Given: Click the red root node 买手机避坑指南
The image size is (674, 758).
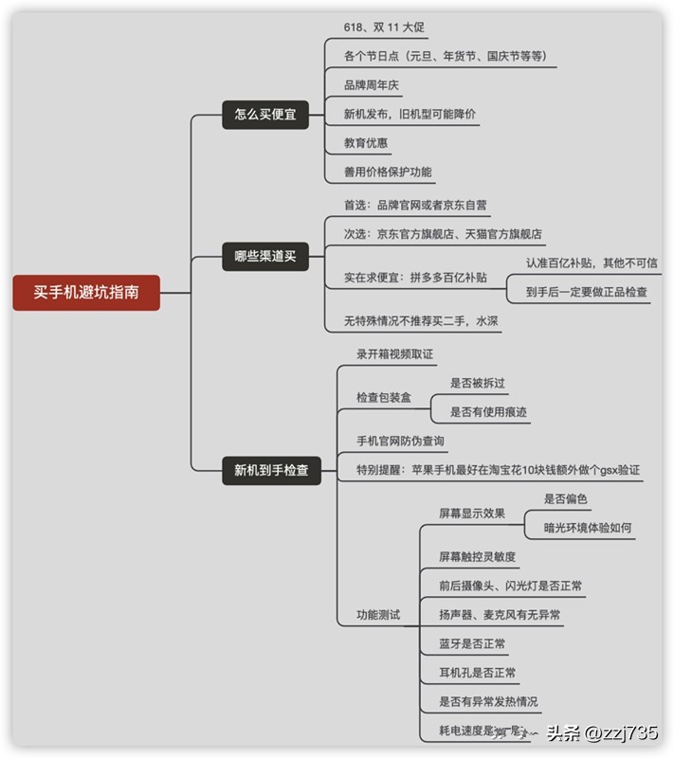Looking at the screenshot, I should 86,292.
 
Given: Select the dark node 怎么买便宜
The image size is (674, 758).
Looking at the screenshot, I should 265,114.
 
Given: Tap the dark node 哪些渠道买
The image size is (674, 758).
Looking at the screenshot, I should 265,255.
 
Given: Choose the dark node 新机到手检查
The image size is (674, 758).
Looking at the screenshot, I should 271,469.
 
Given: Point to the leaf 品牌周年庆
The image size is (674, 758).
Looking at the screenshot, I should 372,85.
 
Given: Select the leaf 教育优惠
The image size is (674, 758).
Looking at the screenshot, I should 366,143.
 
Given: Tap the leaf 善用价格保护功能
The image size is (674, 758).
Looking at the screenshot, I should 388,172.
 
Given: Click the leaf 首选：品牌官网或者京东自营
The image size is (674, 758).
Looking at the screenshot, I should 415,205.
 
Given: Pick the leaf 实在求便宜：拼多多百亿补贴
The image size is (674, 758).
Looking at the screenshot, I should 415,278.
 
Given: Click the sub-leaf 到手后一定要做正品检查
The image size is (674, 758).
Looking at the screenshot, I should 587,292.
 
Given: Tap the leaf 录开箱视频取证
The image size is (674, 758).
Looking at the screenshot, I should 394,353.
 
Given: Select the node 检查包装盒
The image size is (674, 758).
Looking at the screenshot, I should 383,398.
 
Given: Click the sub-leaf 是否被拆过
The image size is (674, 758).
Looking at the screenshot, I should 477,384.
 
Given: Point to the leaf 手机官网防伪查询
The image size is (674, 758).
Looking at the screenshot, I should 400,441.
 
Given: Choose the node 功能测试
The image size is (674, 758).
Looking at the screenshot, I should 377,615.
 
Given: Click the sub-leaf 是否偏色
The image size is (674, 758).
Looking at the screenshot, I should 565,499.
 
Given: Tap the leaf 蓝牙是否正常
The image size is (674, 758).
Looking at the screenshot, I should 472,644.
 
